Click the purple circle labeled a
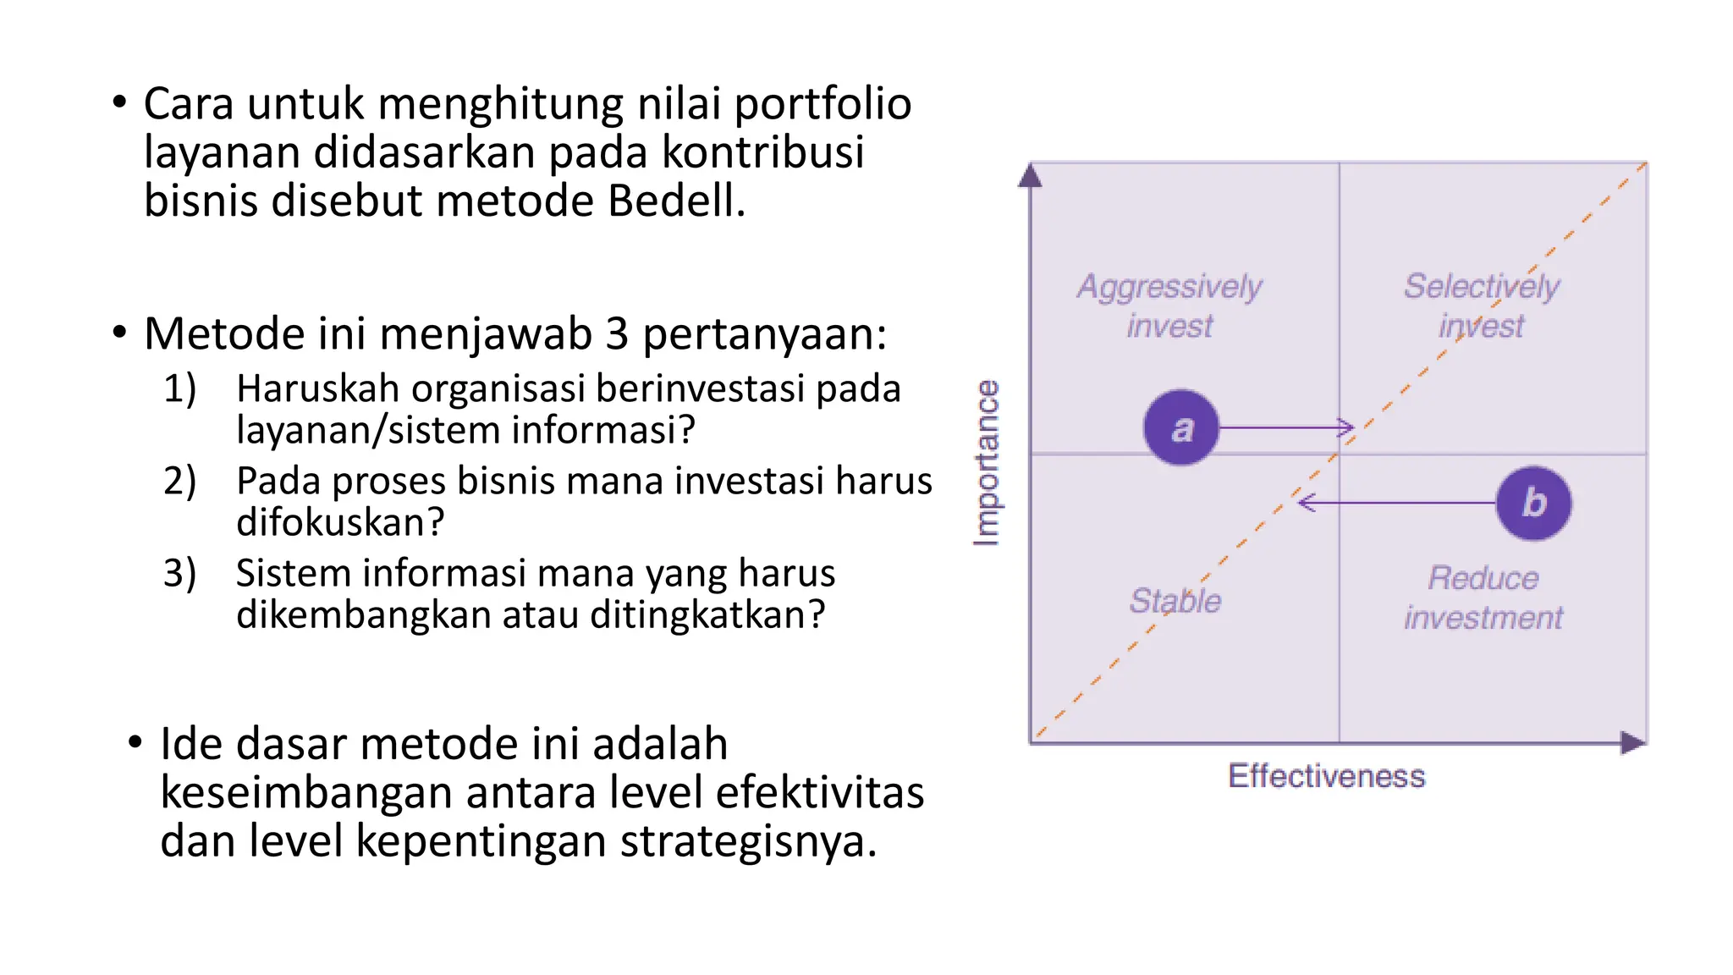tap(1180, 427)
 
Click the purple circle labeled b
tap(1533, 503)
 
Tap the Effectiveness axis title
tap(1326, 775)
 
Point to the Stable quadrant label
tap(1175, 600)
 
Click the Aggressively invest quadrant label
tap(1169, 306)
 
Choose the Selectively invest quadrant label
tap(1481, 306)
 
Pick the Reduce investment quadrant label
tap(1483, 598)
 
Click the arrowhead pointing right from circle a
tap(1345, 427)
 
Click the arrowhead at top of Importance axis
tap(1030, 176)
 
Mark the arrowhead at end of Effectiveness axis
tap(1632, 742)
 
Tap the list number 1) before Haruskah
tap(179, 388)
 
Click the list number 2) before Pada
tap(179, 481)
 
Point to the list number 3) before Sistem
tap(179, 573)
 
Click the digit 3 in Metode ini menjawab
tap(617, 333)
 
